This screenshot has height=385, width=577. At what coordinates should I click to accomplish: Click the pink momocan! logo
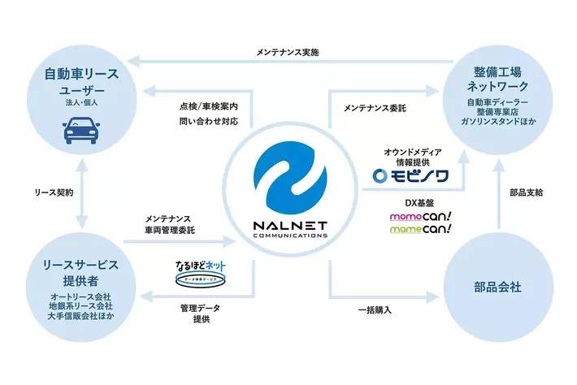[421, 215]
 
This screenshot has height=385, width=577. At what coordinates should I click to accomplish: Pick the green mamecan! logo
[421, 230]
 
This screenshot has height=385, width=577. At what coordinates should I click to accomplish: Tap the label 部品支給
[527, 192]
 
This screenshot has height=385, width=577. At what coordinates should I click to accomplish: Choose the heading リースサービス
[80, 265]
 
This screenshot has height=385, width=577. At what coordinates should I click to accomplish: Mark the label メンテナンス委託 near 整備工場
[375, 106]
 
